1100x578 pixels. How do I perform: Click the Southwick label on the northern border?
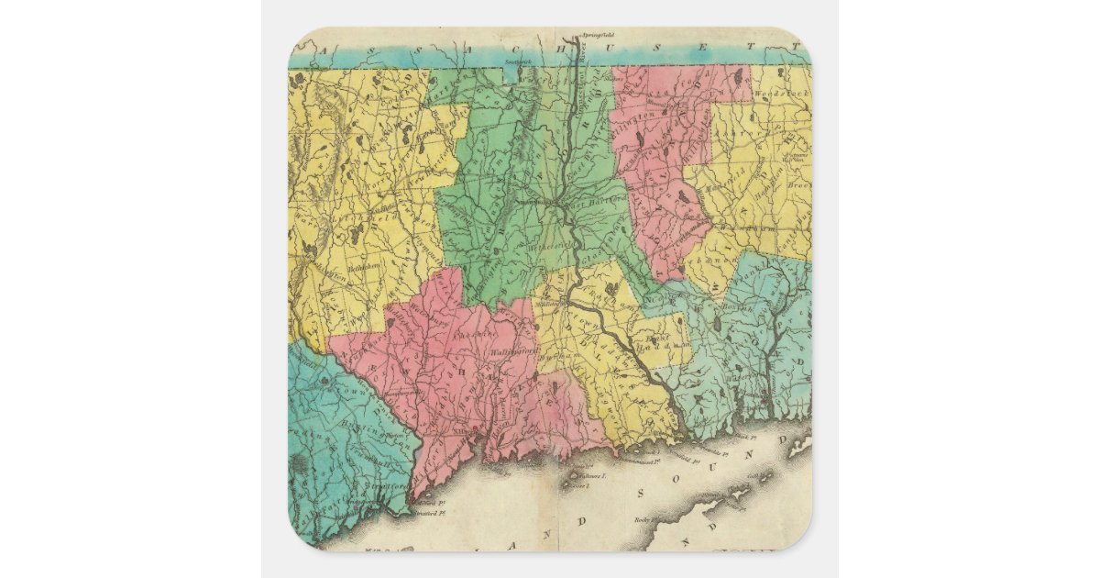[x=518, y=60]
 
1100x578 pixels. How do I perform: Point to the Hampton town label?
[x=766, y=174]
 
